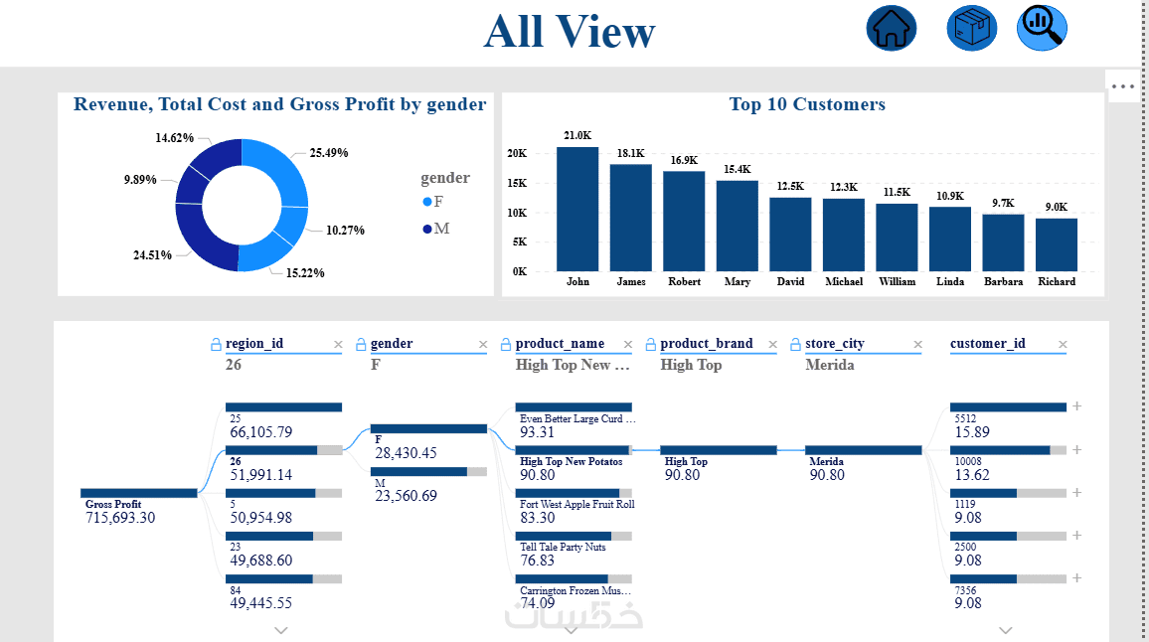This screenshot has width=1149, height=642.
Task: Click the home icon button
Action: tap(891, 28)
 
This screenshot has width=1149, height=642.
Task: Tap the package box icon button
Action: tap(971, 28)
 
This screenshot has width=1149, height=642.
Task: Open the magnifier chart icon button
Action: tap(1042, 28)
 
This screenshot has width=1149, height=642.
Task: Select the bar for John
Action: tap(577, 209)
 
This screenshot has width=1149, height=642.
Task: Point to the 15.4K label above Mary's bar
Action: tap(738, 170)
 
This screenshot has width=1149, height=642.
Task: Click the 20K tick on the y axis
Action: tap(517, 154)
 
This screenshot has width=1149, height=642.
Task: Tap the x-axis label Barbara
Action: tap(1003, 282)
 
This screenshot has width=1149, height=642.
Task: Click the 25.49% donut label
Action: tap(329, 153)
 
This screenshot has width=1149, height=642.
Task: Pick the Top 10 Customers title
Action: tap(806, 104)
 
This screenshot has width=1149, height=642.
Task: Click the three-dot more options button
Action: tap(1123, 86)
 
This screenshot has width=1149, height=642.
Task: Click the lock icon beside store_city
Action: tap(796, 344)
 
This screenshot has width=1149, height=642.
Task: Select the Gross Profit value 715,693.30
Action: tap(120, 518)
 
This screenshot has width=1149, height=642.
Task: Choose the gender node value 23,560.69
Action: tap(406, 496)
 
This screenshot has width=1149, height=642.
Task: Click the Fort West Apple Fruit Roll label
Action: tap(576, 504)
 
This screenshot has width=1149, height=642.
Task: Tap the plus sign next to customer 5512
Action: tap(1076, 406)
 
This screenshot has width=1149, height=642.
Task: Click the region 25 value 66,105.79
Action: tap(261, 432)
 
